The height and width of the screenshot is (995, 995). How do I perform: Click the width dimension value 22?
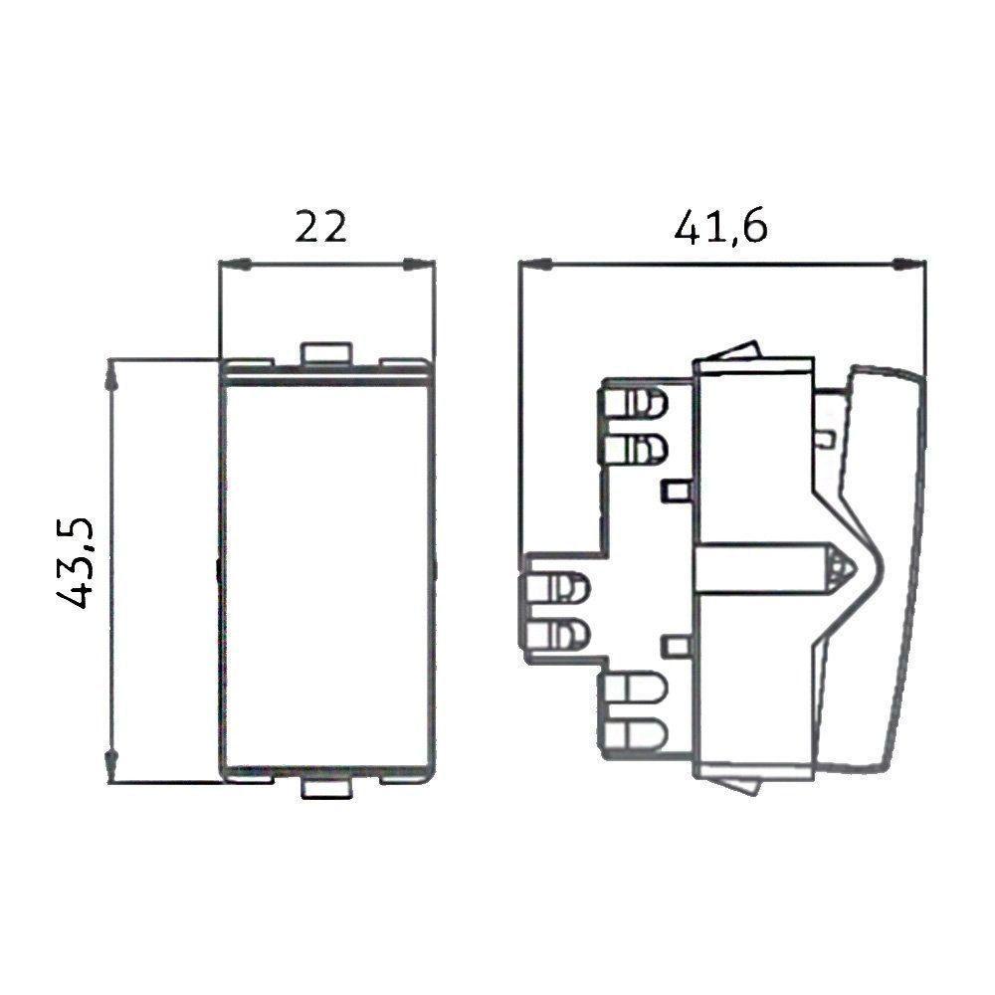point(321,228)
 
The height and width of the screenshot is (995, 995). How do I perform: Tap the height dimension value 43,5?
point(77,562)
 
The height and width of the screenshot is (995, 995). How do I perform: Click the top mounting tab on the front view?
point(326,351)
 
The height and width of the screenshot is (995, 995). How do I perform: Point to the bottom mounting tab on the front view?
point(326,791)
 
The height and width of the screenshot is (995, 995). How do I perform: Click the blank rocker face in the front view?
point(326,572)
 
